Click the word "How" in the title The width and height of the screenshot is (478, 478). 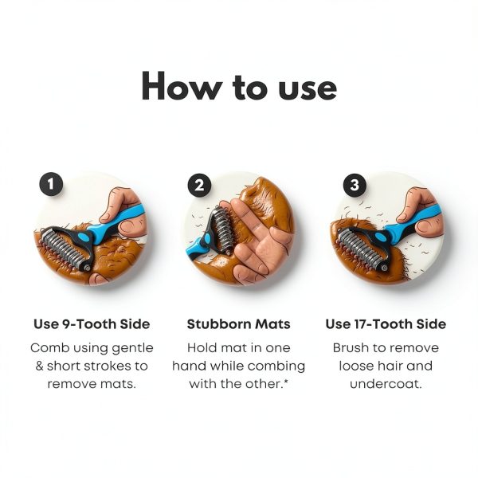coord(182,86)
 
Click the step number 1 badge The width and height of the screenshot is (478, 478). coord(51,185)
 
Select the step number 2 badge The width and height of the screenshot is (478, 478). coord(199,185)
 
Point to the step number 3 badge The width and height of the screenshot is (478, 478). coord(355,185)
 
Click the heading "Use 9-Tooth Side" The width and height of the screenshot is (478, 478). coord(92,323)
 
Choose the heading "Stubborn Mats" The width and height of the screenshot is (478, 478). coord(239,323)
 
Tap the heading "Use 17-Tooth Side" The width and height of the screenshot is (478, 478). coord(386,323)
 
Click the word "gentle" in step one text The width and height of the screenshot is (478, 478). coord(132,348)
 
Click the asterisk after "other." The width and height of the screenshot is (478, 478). coord(286,382)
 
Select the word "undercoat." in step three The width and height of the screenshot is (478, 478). coord(386,384)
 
